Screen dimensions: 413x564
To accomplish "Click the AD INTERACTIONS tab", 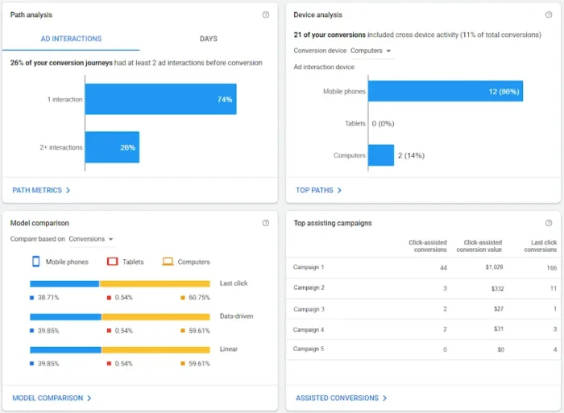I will (x=71, y=39).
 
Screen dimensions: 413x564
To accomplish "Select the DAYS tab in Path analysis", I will (x=208, y=39).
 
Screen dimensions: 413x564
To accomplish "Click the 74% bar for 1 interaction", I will (x=160, y=99).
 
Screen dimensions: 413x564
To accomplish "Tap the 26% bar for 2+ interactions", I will (x=112, y=147).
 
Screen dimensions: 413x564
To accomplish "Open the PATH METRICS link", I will (x=41, y=191).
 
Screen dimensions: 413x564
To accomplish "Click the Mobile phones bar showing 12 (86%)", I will (x=446, y=91).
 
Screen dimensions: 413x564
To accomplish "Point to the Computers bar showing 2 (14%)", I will (x=381, y=155).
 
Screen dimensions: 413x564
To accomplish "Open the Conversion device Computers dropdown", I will (x=371, y=51).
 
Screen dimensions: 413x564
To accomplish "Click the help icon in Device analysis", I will (x=549, y=14).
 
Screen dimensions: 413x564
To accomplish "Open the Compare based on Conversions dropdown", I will (x=90, y=239).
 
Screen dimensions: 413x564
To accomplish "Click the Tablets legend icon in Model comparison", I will (x=114, y=262).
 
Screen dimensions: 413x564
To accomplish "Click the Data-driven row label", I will (x=236, y=316).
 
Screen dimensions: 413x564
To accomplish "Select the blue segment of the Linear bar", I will (x=65, y=349).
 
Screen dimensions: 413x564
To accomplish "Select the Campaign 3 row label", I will (x=309, y=309).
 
